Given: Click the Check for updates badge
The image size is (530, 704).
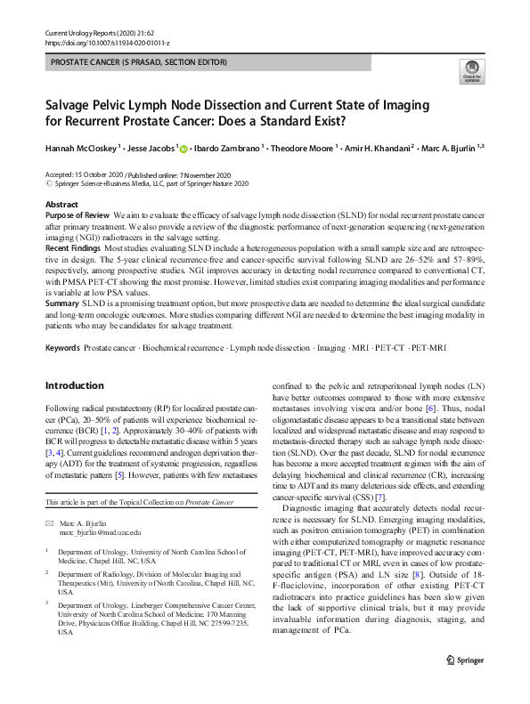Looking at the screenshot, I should (x=470, y=70).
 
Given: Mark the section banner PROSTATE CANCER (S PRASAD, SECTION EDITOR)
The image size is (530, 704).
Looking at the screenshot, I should (x=140, y=62).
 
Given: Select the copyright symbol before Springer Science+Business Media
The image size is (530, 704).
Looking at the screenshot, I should (x=49, y=184).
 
